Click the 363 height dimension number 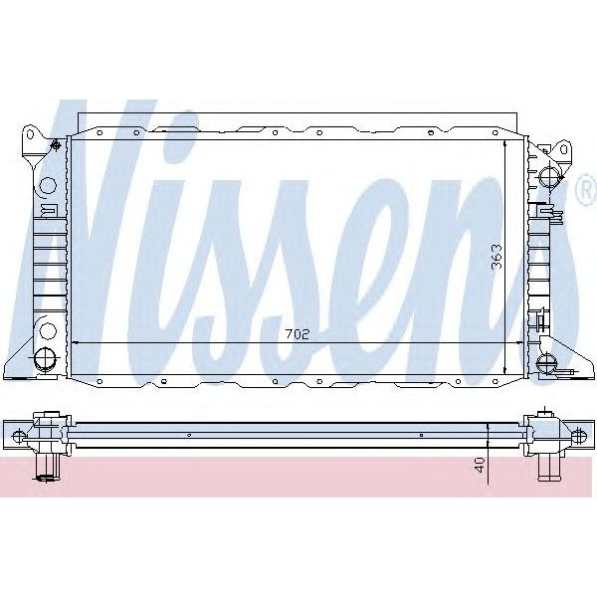click(x=495, y=259)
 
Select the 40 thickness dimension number click(x=481, y=464)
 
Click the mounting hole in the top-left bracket click(x=31, y=132)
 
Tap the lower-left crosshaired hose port click(x=44, y=359)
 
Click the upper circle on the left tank click(x=45, y=185)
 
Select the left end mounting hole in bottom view click(x=16, y=433)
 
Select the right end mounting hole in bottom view click(x=580, y=433)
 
